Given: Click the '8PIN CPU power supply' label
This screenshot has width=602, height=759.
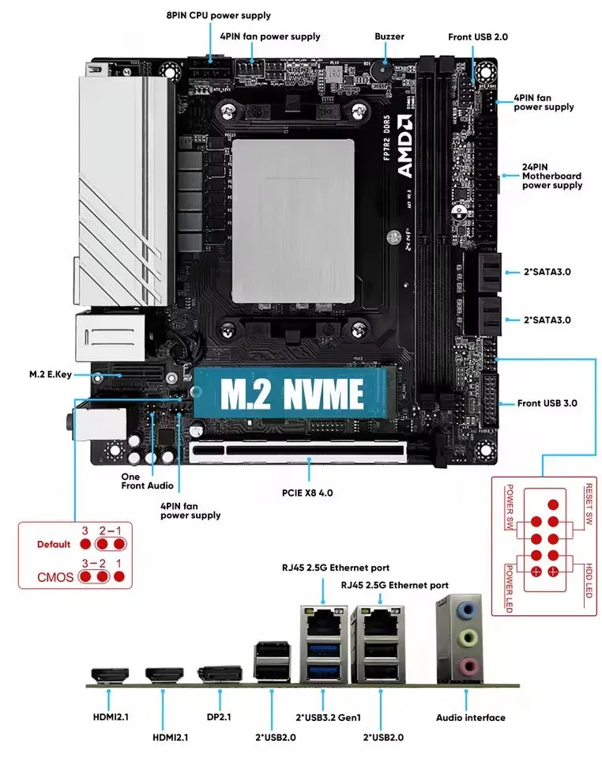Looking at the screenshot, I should pyautogui.click(x=218, y=15).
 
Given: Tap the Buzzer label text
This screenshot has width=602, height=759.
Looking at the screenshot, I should pyautogui.click(x=389, y=36).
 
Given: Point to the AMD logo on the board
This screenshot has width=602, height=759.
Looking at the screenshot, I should pyautogui.click(x=404, y=147).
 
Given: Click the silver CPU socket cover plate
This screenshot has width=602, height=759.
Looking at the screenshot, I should pyautogui.click(x=293, y=219).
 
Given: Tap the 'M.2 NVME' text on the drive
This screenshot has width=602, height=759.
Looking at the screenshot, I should pyautogui.click(x=292, y=393).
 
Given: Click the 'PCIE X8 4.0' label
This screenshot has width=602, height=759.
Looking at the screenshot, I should pyautogui.click(x=307, y=492).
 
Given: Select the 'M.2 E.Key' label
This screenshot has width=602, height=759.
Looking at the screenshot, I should pyautogui.click(x=49, y=374).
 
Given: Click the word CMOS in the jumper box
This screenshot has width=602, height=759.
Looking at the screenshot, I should pyautogui.click(x=55, y=577).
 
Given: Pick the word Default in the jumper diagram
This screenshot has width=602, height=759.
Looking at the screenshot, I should pyautogui.click(x=54, y=545).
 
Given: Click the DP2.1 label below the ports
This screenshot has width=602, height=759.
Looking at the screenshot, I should pyautogui.click(x=218, y=717).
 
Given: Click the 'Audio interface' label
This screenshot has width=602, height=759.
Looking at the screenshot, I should pyautogui.click(x=471, y=717).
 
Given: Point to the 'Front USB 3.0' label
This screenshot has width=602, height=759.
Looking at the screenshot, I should pyautogui.click(x=547, y=403).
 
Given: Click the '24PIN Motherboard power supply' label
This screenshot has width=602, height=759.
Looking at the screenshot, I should pyautogui.click(x=551, y=176).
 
